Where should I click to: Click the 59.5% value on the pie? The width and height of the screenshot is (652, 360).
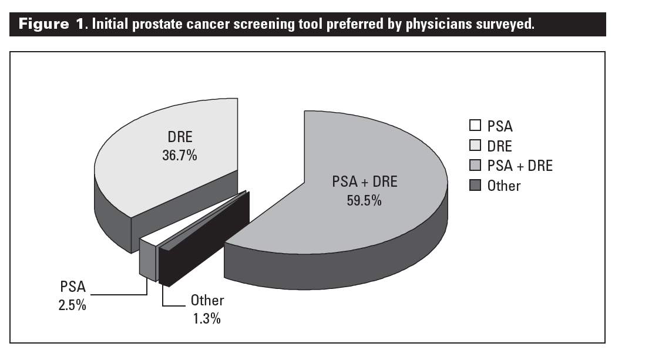(364, 200)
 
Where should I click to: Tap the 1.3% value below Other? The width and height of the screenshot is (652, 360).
(207, 318)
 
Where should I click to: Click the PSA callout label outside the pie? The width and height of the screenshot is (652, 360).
(73, 288)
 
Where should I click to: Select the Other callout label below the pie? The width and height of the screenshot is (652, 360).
(207, 301)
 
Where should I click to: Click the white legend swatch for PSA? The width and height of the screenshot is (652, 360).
(475, 125)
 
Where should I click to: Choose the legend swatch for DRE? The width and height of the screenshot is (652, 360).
(475, 146)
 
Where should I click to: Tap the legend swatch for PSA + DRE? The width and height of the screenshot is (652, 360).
(475, 166)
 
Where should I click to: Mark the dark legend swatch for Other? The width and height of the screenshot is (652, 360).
(475, 186)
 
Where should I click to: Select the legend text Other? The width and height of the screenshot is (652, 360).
(504, 186)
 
